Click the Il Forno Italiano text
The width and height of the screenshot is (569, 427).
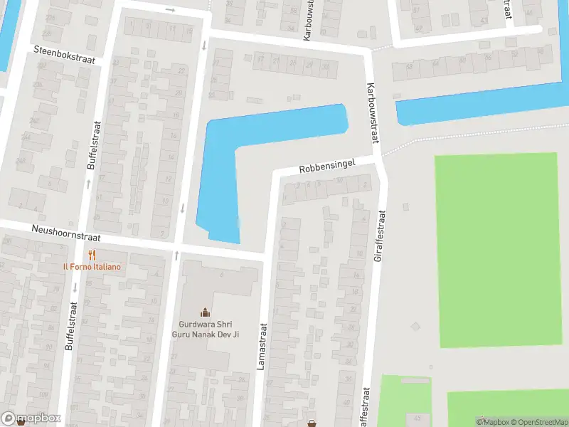[x=91, y=267]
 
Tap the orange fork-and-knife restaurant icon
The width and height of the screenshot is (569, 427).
[x=91, y=255]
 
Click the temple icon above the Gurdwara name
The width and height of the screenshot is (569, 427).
[x=205, y=311]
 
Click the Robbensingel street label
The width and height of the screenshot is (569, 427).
[x=326, y=168]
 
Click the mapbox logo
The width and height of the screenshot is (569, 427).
[x=31, y=418]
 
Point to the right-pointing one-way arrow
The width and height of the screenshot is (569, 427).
[x=169, y=10]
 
